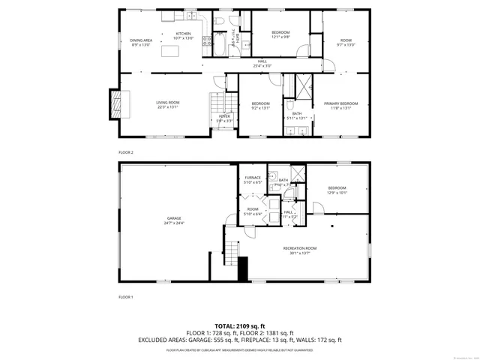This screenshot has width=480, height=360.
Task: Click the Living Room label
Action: click(x=167, y=103)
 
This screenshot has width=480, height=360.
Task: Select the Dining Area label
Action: click(x=141, y=42)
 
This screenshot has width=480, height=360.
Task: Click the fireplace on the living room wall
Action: click(x=115, y=101)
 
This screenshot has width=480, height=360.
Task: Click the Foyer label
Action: click(x=224, y=118)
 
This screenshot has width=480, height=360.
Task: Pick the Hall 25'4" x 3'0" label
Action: click(x=262, y=63)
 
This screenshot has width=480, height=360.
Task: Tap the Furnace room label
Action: click(x=252, y=180)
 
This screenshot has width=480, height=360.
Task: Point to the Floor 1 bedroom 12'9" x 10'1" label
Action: click(x=337, y=190)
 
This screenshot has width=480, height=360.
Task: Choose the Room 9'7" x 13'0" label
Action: click(x=346, y=42)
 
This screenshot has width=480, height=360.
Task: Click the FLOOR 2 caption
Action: click(x=125, y=151)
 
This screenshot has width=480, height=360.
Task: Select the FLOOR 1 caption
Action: click(x=125, y=297)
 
